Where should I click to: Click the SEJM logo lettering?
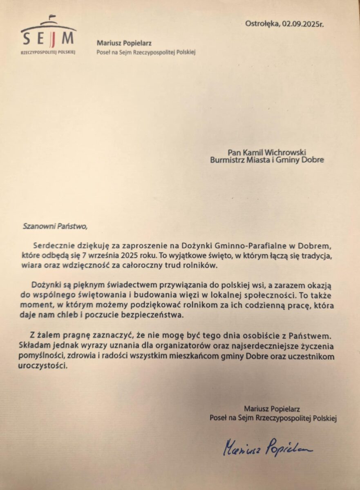pos(49,39)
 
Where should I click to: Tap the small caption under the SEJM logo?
pos(48,53)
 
